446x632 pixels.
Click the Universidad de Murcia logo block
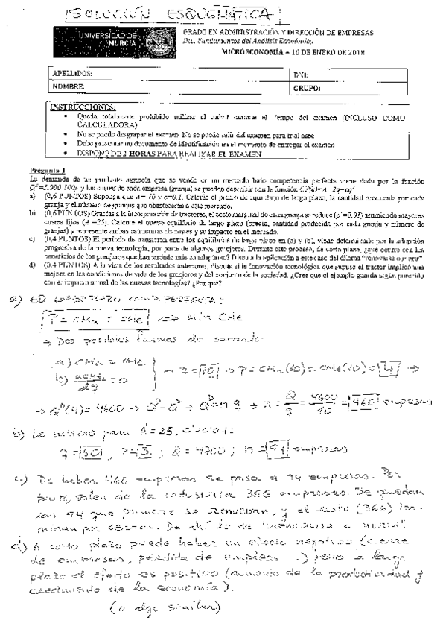click(100, 39)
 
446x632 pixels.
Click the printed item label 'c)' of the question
click(33, 239)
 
